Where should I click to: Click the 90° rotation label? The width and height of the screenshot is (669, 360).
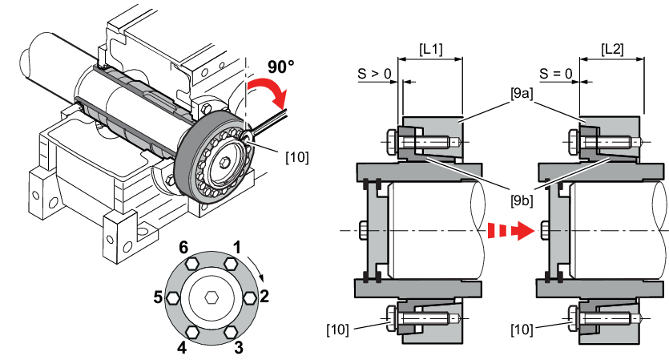point(280,67)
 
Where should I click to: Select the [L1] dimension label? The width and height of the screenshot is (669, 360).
point(430,49)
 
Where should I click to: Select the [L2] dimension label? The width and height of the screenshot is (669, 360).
point(612,49)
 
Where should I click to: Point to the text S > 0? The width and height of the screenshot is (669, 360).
point(374,74)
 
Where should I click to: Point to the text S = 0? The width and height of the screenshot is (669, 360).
point(555,74)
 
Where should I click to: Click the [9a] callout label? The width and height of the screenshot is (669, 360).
point(522,93)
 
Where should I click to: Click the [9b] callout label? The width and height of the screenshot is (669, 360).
point(522,200)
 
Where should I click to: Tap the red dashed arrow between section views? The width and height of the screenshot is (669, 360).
point(510,231)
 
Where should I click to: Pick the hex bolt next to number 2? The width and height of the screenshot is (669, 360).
point(250,297)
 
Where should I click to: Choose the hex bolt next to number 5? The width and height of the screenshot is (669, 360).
point(172,297)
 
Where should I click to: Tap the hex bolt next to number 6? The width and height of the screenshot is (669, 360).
point(191,264)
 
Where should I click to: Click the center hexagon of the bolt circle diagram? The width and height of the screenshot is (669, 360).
point(212,297)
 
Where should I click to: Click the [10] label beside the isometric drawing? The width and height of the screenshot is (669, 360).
point(297,157)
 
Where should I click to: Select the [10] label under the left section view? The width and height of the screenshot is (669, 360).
point(337,330)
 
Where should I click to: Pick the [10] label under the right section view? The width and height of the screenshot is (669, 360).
point(522,330)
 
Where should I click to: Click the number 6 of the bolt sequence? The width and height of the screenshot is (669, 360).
point(183,247)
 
